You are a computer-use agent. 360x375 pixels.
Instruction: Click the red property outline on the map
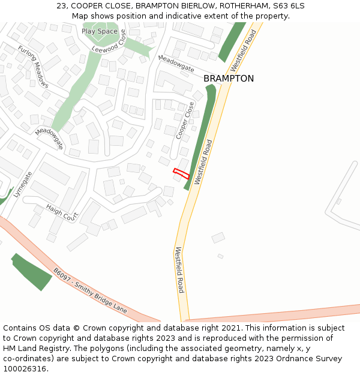pyautogui.click(x=181, y=174)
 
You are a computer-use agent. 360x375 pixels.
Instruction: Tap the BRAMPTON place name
pyautogui.click(x=228, y=79)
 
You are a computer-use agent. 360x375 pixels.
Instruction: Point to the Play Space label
pyautogui.click(x=100, y=31)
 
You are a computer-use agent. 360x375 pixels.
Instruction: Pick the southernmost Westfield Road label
pyautogui.click(x=179, y=270)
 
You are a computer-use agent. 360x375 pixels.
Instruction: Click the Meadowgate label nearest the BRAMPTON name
pyautogui.click(x=176, y=64)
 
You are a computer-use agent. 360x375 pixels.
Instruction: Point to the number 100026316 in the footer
pyautogui.click(x=25, y=368)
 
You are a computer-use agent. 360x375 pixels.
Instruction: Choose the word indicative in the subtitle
pyautogui.click(x=185, y=16)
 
